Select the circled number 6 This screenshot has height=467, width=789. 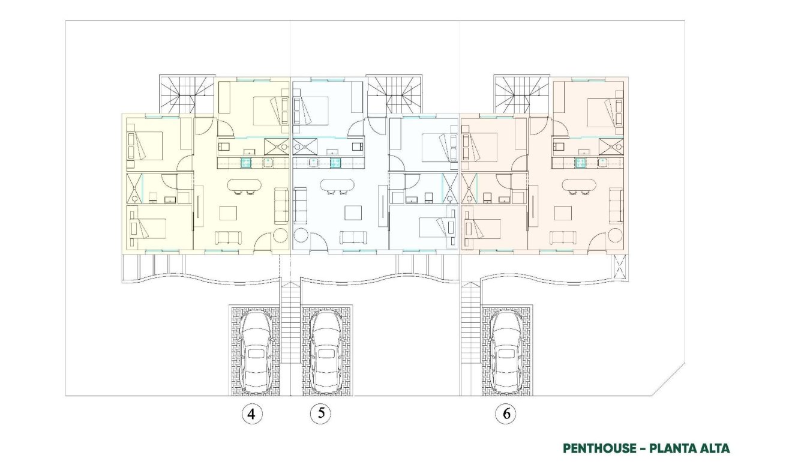(x=506, y=414)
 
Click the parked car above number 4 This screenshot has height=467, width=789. (x=255, y=352)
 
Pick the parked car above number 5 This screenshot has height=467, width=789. (x=326, y=352)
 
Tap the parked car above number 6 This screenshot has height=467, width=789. (x=507, y=352)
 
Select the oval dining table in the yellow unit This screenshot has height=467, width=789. (x=243, y=185)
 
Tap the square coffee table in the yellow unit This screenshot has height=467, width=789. (x=229, y=214)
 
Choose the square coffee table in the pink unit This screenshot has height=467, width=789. (x=564, y=214)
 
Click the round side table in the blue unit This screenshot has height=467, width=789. (x=302, y=235)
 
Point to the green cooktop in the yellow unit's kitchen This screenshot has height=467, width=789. (x=246, y=162)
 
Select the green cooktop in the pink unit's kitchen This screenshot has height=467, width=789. (x=581, y=162)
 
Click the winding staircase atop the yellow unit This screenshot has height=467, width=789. (x=187, y=94)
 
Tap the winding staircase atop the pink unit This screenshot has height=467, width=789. (x=521, y=94)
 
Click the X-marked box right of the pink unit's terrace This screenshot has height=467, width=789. (x=620, y=268)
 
